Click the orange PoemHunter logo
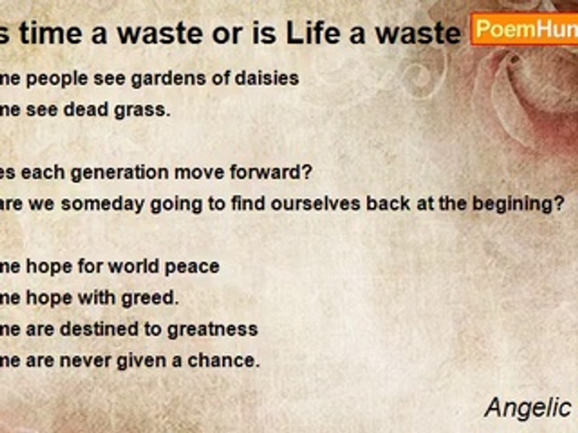(x=524, y=29)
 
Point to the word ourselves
(x=309, y=204)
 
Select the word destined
(x=105, y=329)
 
